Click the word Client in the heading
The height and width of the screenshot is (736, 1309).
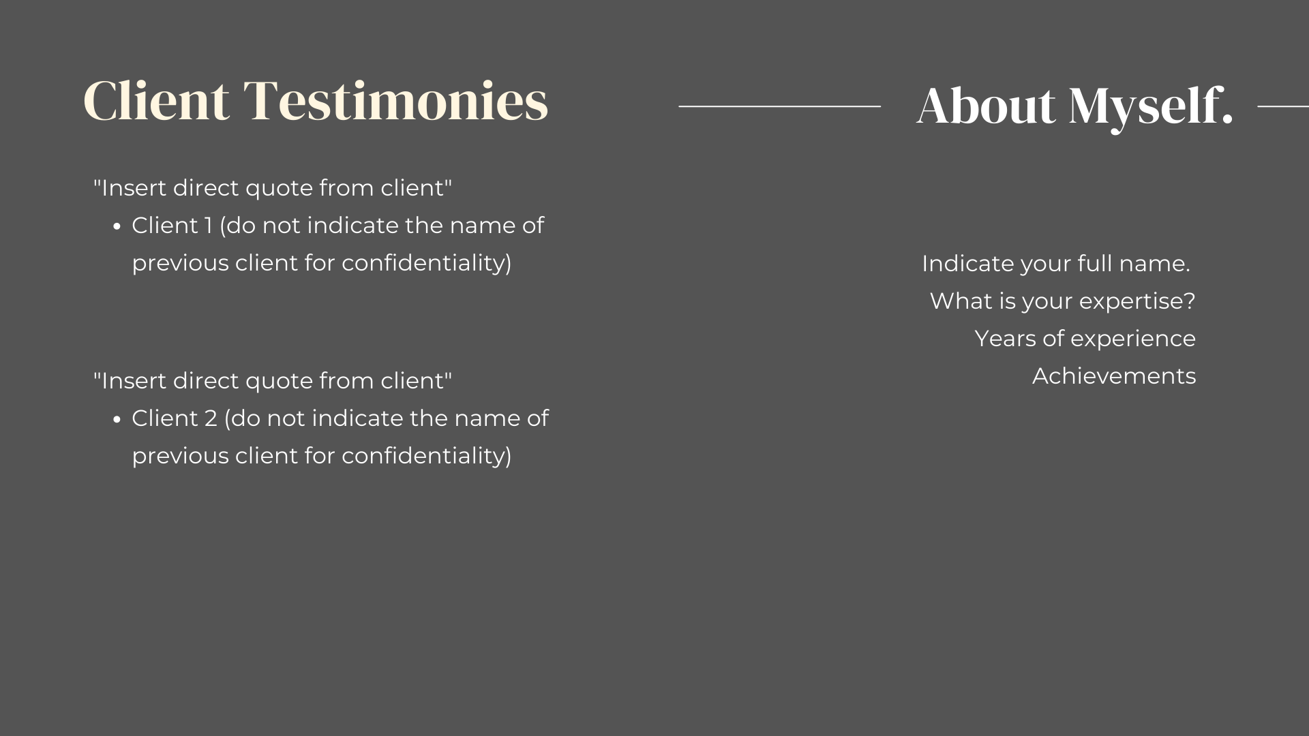tap(156, 101)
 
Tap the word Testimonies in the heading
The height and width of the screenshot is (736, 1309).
tap(396, 101)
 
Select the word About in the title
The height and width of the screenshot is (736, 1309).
tap(986, 106)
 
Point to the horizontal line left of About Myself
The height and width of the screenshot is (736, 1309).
tap(780, 106)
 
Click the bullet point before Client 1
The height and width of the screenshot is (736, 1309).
tap(117, 227)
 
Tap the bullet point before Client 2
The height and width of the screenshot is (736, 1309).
tap(117, 420)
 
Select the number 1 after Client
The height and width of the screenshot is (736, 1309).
tap(209, 226)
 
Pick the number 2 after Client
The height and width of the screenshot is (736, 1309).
tap(211, 418)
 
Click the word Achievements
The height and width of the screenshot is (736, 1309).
tap(1114, 376)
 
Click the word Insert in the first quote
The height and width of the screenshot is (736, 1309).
tap(134, 188)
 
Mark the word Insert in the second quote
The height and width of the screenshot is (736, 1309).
tap(134, 381)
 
